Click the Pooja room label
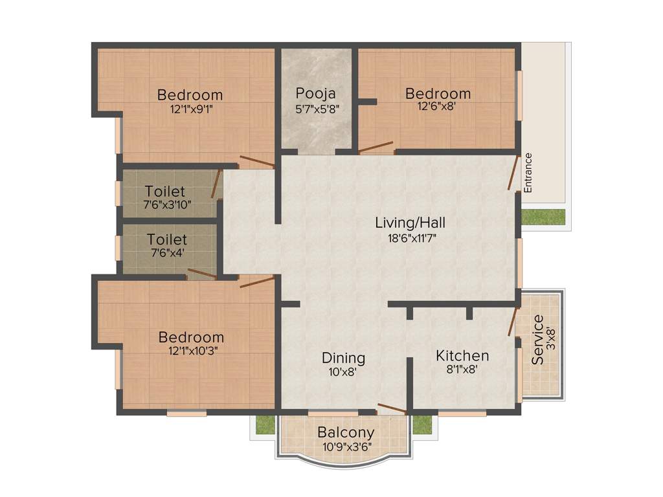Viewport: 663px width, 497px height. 316,93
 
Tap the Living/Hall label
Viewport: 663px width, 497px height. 410,223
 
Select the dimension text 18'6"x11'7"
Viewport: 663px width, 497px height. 410,237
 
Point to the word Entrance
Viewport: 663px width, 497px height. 528,173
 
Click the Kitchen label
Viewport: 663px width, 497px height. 462,356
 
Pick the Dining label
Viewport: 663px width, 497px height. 344,358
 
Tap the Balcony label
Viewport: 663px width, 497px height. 346,433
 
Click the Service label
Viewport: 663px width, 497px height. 538,340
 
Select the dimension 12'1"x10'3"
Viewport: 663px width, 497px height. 192,351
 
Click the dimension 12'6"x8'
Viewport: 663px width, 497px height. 438,107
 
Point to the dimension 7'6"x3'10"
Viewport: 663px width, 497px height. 167,204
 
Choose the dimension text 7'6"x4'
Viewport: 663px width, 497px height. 167,253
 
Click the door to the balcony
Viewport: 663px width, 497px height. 392,408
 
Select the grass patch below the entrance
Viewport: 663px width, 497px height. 543,217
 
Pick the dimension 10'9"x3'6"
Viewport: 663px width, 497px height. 346,447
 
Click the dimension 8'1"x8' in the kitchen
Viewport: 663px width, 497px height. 462,370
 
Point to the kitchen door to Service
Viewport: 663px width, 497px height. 513,322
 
